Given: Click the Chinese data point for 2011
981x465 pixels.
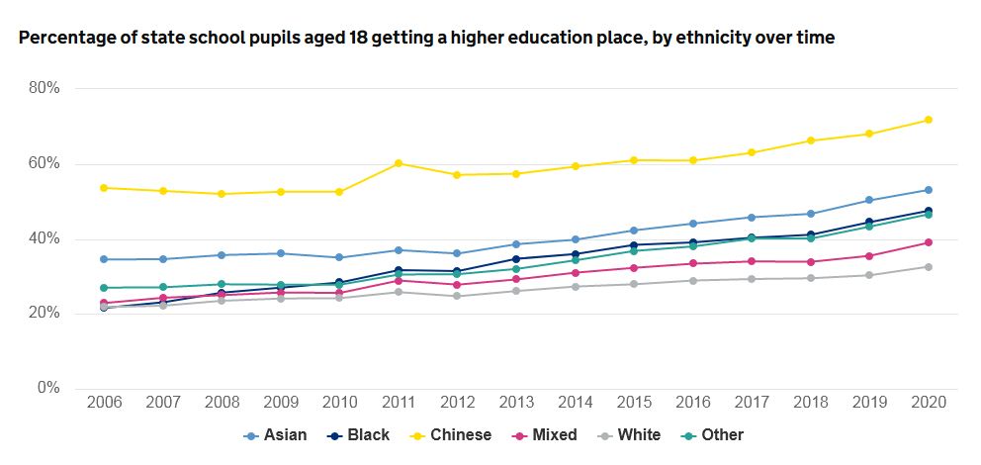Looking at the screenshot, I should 399,163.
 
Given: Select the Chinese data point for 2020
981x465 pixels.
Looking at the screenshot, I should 928,120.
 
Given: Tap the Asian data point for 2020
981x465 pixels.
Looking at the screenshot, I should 928,190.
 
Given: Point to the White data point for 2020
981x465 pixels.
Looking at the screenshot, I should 928,266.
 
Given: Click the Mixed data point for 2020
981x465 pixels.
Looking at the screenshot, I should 928,242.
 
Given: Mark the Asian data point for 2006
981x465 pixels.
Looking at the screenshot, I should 104,259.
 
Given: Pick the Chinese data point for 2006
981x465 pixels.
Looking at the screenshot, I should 104,188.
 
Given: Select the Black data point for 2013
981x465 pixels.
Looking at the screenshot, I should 516,259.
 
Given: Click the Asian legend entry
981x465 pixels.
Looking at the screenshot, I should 275,435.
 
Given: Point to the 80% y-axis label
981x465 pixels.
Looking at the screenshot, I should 44,88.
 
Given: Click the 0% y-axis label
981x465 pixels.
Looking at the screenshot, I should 48,388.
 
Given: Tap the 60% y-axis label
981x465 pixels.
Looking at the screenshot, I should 44,164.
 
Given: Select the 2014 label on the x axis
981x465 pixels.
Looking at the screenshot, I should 575,404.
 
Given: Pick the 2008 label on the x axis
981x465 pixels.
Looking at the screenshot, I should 222,404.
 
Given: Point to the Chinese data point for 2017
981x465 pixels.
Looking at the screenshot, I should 752,152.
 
